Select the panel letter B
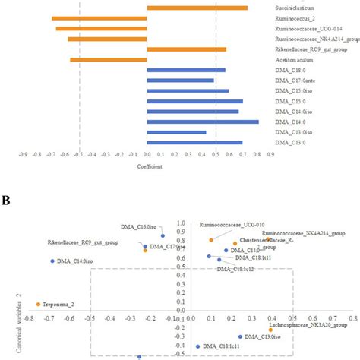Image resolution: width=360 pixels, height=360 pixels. (6, 201)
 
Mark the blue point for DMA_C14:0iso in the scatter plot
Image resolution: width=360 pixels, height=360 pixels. (52, 261)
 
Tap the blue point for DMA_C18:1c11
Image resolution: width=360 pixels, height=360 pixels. (197, 346)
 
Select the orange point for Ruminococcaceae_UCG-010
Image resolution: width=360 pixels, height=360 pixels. (211, 240)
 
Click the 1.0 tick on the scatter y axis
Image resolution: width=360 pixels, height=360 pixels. (182, 223)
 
